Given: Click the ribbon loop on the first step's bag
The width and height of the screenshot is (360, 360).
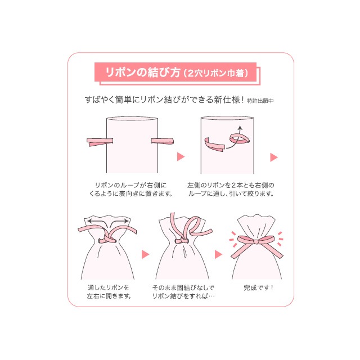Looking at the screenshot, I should tap(164, 141).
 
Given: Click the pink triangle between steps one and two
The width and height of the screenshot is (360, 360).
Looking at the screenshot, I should tap(181, 156).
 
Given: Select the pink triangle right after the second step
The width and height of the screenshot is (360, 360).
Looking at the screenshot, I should tap(274, 156).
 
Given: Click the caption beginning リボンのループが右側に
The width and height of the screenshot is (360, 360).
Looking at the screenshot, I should tap(133, 189).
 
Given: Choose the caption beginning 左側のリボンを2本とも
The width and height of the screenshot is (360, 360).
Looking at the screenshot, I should tap(231, 189).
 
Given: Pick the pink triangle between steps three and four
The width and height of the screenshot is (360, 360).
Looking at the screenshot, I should tap(145, 254).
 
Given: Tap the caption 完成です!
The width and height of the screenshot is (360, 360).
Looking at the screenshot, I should tap(258, 288).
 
